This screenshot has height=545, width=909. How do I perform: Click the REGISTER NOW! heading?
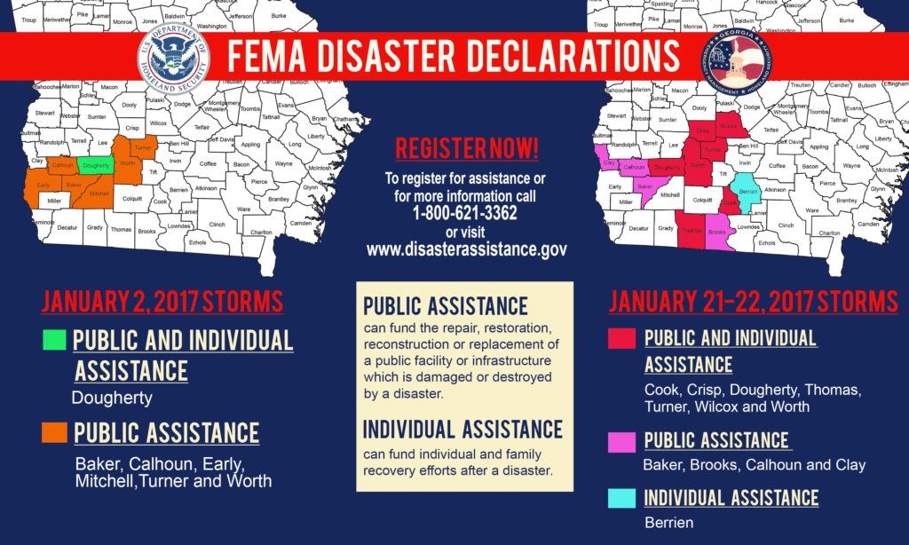coord(467,148)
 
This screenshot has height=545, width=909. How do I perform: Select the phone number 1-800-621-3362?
coord(465,214)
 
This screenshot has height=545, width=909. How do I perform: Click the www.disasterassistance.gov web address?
coord(466,249)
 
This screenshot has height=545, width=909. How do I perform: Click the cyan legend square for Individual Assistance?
coord(621,498)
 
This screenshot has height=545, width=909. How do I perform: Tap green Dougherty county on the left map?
coord(93,165)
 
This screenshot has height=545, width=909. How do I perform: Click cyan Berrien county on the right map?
coord(747,192)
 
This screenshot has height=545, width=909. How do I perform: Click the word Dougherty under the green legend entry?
coord(112,399)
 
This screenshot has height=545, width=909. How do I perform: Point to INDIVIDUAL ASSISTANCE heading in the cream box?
coord(462,430)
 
